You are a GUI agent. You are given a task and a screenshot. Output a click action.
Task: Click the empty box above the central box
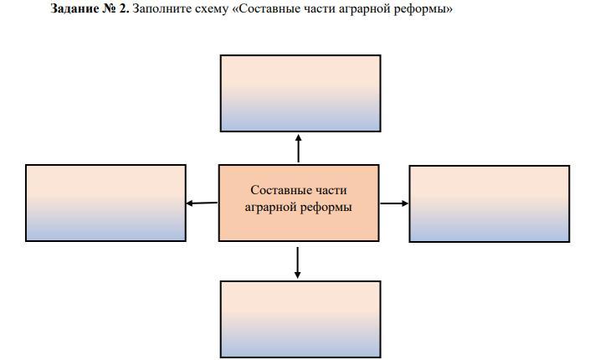click(x=300, y=93)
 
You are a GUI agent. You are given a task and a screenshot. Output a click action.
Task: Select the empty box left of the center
click(x=105, y=203)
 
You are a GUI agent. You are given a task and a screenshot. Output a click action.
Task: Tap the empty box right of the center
click(x=489, y=203)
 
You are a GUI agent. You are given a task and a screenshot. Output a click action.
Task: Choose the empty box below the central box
click(x=300, y=319)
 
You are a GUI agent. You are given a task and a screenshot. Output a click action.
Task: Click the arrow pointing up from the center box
click(x=299, y=147)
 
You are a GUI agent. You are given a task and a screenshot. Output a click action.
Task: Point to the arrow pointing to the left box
click(x=202, y=203)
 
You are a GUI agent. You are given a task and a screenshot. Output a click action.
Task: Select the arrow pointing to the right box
click(x=394, y=203)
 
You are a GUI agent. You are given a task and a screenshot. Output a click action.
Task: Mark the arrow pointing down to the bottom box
click(x=298, y=262)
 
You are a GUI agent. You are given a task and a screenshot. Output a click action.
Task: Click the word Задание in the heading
click(x=74, y=9)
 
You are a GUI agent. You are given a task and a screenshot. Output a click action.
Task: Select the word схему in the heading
click(x=209, y=9)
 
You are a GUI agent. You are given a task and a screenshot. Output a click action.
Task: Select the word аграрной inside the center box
click(x=271, y=207)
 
